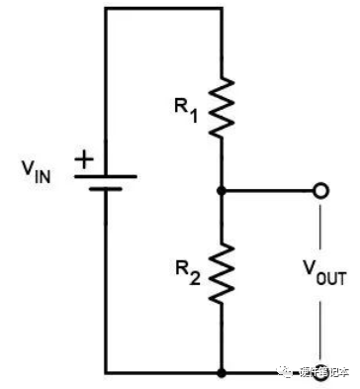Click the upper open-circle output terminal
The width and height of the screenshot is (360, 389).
click(x=318, y=188)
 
